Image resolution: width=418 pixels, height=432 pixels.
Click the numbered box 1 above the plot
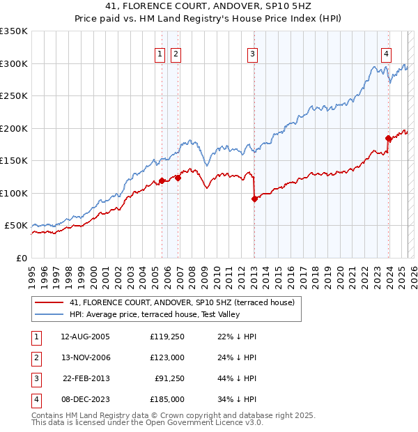click(x=160, y=54)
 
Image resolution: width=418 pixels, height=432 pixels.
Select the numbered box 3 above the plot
click(x=252, y=54)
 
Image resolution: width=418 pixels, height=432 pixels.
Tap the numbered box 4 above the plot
click(x=386, y=54)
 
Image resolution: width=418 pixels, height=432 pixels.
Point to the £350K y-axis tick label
click(x=14, y=31)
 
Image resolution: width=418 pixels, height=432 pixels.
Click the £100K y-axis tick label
click(x=14, y=193)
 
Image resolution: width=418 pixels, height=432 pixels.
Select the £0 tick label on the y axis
click(x=21, y=258)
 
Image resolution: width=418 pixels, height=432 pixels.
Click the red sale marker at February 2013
click(x=254, y=199)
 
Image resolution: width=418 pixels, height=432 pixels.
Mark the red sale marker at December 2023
click(x=388, y=138)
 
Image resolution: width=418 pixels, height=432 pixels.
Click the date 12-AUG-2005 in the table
click(x=85, y=337)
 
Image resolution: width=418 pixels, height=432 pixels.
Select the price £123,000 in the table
click(x=167, y=357)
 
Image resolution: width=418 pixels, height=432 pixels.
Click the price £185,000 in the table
click(x=167, y=399)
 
